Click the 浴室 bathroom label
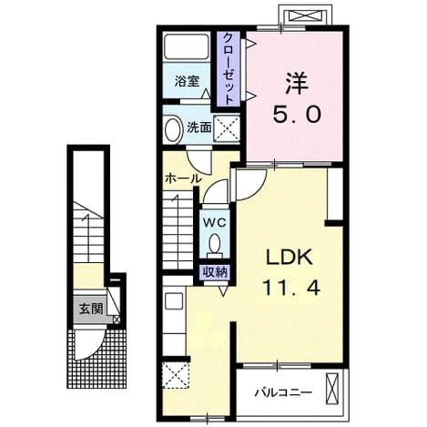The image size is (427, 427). click(x=187, y=81)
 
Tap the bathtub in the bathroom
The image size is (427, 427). click(x=187, y=46)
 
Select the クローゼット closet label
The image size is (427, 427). click(x=229, y=68)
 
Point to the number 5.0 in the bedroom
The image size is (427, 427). click(x=297, y=115)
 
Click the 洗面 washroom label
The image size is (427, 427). click(x=198, y=127)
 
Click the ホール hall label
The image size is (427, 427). click(x=183, y=178)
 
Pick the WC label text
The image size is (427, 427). click(x=215, y=223)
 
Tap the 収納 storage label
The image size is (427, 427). click(x=215, y=272)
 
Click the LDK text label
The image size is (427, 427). click(x=289, y=258)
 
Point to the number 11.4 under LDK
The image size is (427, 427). click(x=291, y=288)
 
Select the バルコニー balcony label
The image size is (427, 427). click(x=283, y=393)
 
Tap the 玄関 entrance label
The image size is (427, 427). click(x=91, y=309)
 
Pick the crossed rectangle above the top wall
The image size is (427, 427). click(x=305, y=15)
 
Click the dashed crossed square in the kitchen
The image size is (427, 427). click(x=176, y=375)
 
